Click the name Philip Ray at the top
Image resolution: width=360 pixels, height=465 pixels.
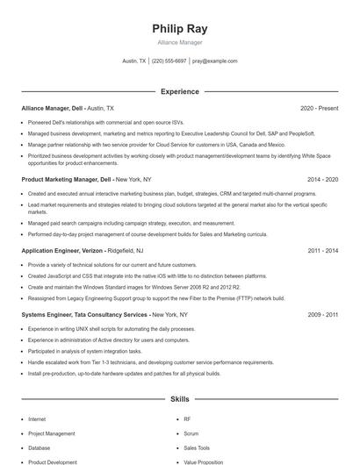pyautogui.click(x=179, y=29)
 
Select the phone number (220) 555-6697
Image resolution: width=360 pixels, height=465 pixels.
pyautogui.click(x=169, y=61)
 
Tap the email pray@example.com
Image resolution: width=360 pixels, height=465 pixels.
pyautogui.click(x=215, y=61)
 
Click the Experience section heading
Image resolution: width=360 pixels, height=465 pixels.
pyautogui.click(x=179, y=91)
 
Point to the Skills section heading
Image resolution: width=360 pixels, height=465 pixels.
pyautogui.click(x=179, y=398)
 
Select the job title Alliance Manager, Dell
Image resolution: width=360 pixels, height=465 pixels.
pyautogui.click(x=52, y=108)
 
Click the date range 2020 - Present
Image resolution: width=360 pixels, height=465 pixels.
pyautogui.click(x=319, y=108)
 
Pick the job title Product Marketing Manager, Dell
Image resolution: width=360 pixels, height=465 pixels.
pyautogui.click(x=66, y=179)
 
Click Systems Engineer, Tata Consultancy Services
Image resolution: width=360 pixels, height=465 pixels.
pyautogui.click(x=84, y=313)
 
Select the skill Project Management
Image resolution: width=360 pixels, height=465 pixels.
pyautogui.click(x=51, y=433)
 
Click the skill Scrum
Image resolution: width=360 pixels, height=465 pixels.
pyautogui.click(x=192, y=433)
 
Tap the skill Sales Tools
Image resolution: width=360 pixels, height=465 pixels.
pyautogui.click(x=197, y=447)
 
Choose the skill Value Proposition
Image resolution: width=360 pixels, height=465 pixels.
pyautogui.click(x=204, y=461)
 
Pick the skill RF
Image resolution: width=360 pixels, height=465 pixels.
pyautogui.click(x=187, y=419)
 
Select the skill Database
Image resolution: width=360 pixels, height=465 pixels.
pyautogui.click(x=40, y=447)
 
